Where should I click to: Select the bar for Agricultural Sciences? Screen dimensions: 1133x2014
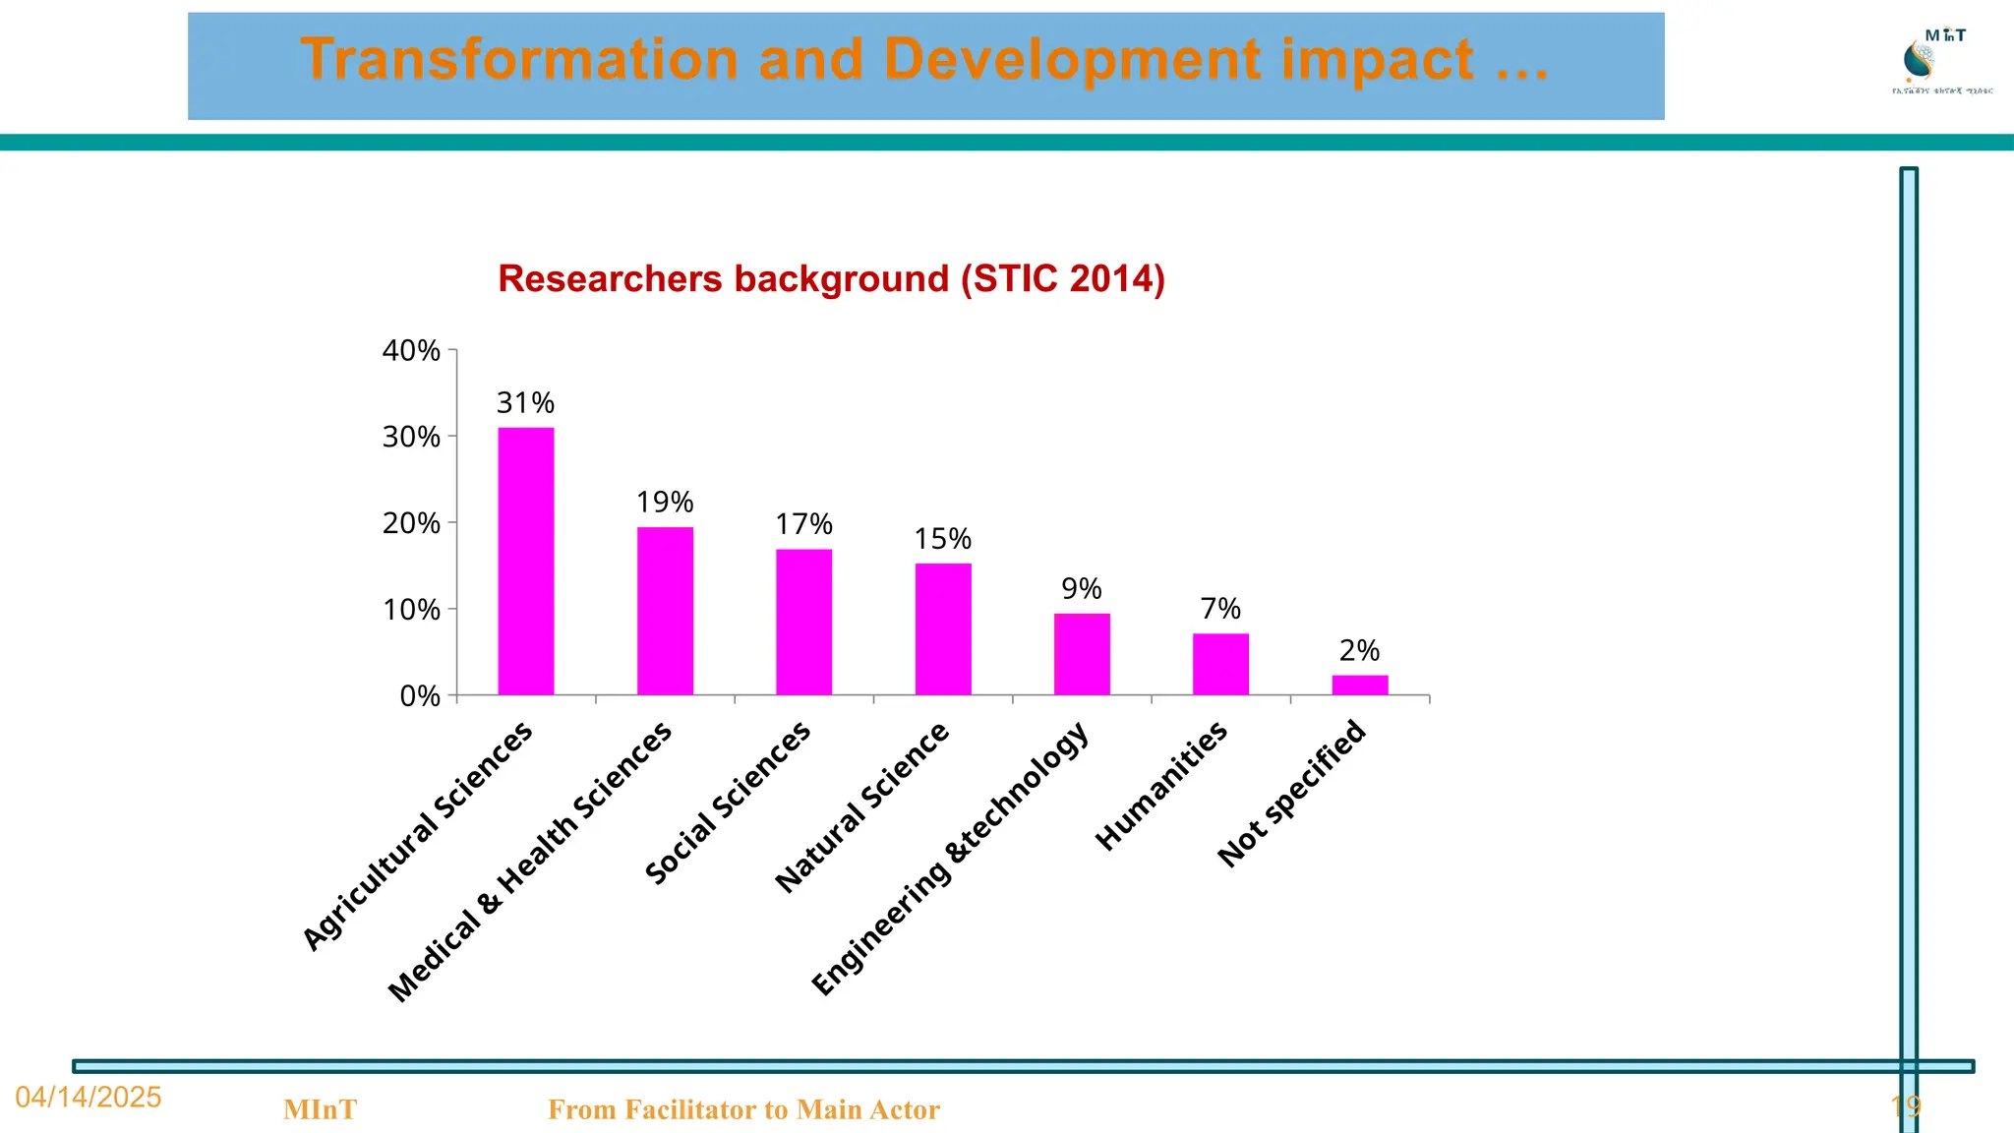(525, 561)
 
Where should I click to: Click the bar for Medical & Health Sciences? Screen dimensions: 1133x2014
(665, 611)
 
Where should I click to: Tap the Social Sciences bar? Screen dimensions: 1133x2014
(803, 622)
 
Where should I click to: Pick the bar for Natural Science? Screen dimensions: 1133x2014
(943, 628)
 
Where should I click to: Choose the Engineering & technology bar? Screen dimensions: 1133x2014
(1082, 654)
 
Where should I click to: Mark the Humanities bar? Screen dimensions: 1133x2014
(1220, 664)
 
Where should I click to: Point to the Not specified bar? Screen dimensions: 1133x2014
(1360, 685)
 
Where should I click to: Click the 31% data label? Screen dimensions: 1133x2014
(525, 403)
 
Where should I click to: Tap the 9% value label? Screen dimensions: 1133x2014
(1082, 589)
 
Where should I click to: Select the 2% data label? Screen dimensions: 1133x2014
(1360, 651)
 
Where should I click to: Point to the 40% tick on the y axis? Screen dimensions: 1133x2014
(411, 350)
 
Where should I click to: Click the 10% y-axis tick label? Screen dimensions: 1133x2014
(411, 610)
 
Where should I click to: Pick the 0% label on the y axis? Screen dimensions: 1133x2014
(420, 696)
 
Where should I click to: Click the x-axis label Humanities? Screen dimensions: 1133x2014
(1161, 785)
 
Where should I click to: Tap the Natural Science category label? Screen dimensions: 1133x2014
(861, 807)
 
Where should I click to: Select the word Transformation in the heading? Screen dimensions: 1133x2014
(519, 59)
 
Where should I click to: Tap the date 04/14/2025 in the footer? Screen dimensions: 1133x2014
(89, 1098)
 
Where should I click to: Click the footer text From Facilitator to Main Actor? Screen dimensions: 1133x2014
(743, 1110)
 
